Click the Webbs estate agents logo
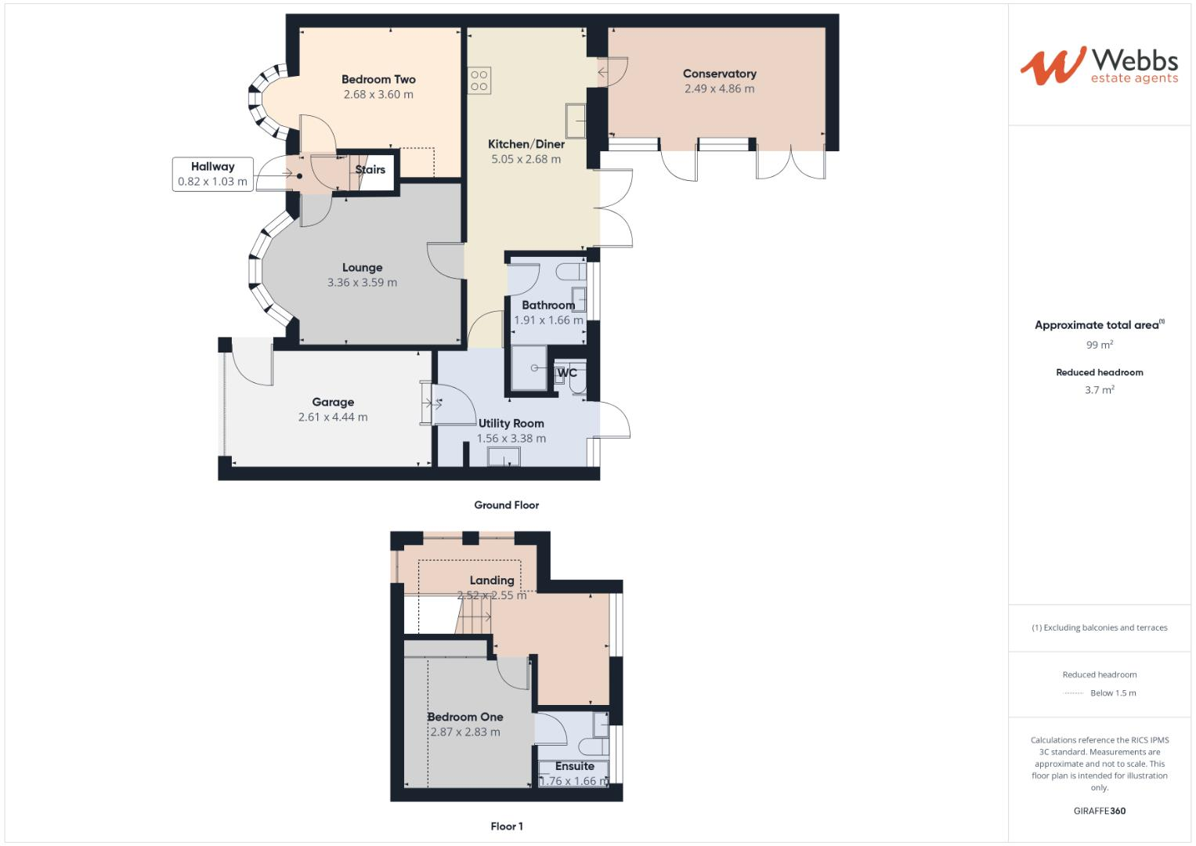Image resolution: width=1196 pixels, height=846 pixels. click(1099, 66)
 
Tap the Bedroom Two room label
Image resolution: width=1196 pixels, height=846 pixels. click(378, 79)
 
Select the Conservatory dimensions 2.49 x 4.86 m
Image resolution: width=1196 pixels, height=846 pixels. click(719, 89)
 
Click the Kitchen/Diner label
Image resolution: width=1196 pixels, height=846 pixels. click(526, 144)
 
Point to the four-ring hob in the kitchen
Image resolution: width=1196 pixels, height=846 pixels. click(479, 81)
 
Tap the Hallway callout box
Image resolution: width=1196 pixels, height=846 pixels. click(212, 174)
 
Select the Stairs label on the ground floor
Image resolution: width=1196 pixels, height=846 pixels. click(370, 169)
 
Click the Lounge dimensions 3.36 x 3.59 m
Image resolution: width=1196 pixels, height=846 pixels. click(362, 282)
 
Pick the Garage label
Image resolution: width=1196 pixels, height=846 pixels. click(333, 402)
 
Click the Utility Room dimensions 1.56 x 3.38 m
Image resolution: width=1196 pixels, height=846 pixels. click(511, 438)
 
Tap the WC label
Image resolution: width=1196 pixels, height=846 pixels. click(567, 373)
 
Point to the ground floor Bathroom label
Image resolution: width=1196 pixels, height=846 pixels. click(548, 305)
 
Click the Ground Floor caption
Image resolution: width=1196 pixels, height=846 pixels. click(506, 505)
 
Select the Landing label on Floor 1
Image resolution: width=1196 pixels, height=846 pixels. click(492, 580)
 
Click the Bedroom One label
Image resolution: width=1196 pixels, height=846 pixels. click(465, 717)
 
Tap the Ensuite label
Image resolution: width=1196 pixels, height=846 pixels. click(575, 766)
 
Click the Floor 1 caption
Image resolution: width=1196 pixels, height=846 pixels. click(507, 826)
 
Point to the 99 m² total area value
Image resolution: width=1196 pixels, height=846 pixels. click(1099, 345)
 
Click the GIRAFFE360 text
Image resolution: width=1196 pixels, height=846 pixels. click(1099, 811)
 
